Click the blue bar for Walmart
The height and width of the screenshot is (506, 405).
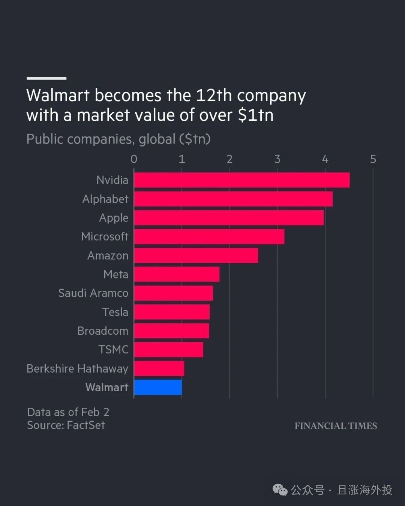coord(158,387)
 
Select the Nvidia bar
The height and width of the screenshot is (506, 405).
coord(242,180)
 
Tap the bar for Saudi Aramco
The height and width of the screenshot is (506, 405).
coord(174,293)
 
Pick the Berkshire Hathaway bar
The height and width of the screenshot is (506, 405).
coord(159,368)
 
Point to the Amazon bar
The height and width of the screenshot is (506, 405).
coord(196,255)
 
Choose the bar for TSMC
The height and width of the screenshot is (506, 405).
coord(169,350)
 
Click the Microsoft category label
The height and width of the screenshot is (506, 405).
coord(105,237)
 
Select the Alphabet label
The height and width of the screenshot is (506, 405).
coord(105,199)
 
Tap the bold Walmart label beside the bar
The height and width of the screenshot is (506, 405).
coord(107,387)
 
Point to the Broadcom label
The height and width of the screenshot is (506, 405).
coord(103,331)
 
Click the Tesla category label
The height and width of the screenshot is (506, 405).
coord(115,312)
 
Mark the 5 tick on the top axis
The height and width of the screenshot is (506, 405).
coord(373,159)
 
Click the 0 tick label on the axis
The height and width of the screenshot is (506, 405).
coord(134,159)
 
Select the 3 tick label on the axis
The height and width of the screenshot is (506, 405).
coord(277,159)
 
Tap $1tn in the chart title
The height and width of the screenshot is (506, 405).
coord(256,115)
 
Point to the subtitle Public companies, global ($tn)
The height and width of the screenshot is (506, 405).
coord(118,139)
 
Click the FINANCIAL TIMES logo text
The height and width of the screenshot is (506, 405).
coord(336,426)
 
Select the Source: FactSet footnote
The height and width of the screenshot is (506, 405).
coord(66,425)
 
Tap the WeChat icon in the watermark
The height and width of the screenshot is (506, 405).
coord(280,490)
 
